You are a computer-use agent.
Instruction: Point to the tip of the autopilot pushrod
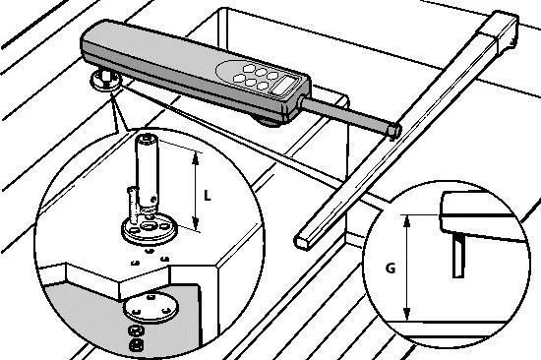(x=393, y=129)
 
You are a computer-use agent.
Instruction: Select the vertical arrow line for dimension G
(x=407, y=267)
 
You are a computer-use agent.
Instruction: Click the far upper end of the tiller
(x=504, y=30)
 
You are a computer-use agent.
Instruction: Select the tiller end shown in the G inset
(x=477, y=211)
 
